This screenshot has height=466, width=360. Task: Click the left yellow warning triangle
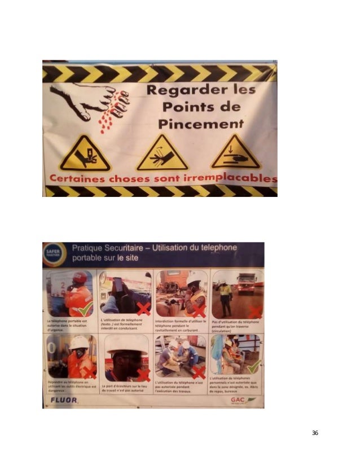pos(85,153)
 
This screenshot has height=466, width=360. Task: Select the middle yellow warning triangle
pos(162,153)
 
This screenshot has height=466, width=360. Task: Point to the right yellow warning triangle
pos(235,152)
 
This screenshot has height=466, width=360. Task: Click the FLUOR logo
pos(61,400)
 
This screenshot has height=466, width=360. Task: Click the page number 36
pos(315,433)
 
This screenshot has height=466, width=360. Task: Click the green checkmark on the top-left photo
pos(86,308)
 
